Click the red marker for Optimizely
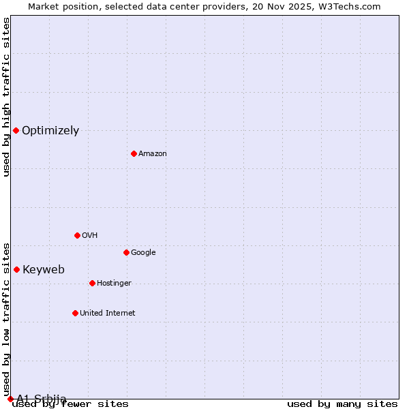tap(16, 130)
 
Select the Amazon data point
tap(134, 153)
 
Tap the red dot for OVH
tap(77, 235)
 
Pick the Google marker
tap(126, 252)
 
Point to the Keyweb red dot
tap(16, 269)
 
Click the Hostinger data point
tap(92, 283)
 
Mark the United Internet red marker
tap(75, 313)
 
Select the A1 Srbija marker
tap(10, 399)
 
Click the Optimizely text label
tap(50, 131)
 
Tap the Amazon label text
tap(153, 154)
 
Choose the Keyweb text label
tap(44, 270)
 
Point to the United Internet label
tap(108, 314)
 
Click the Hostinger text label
tap(114, 284)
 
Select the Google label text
tap(143, 253)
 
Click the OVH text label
tap(90, 236)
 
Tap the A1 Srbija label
tap(42, 399)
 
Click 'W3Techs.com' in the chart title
tap(352, 7)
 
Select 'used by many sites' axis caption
tap(342, 404)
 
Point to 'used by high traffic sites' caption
tap(7, 97)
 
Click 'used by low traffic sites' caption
tap(7, 319)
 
